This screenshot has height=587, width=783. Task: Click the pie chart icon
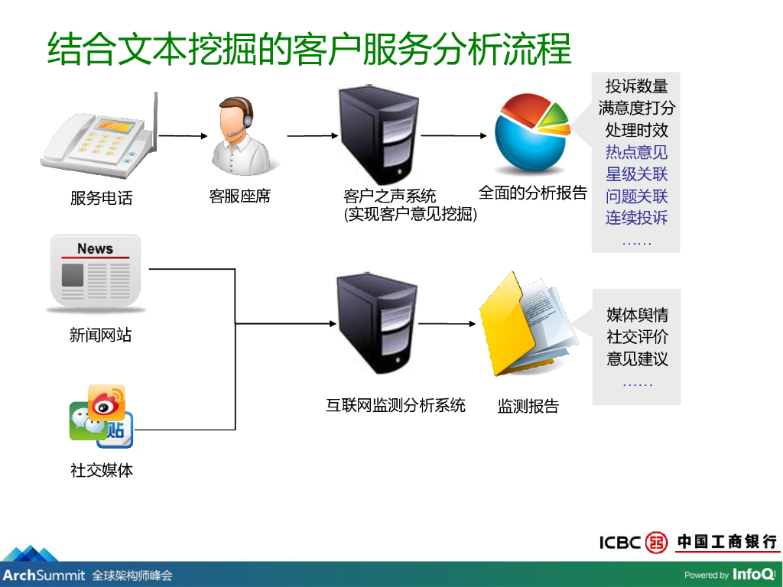[x=531, y=134]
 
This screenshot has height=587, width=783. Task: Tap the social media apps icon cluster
[x=101, y=417]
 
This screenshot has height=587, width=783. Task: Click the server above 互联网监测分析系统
[x=377, y=324]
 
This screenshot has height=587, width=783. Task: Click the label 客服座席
[x=240, y=196]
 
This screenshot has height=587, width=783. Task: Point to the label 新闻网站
[x=100, y=335]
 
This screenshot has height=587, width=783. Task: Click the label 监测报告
[x=528, y=406]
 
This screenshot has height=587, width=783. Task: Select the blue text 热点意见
[x=636, y=152]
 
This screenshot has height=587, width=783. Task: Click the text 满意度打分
[x=636, y=108]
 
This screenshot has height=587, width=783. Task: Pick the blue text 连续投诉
[x=636, y=218]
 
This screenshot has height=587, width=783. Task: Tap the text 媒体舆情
[x=637, y=315]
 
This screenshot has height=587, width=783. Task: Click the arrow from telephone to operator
[x=184, y=136]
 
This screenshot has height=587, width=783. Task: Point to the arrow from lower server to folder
[x=447, y=323]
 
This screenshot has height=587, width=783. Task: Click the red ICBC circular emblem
[x=656, y=543]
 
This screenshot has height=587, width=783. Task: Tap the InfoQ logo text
[x=753, y=574]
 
